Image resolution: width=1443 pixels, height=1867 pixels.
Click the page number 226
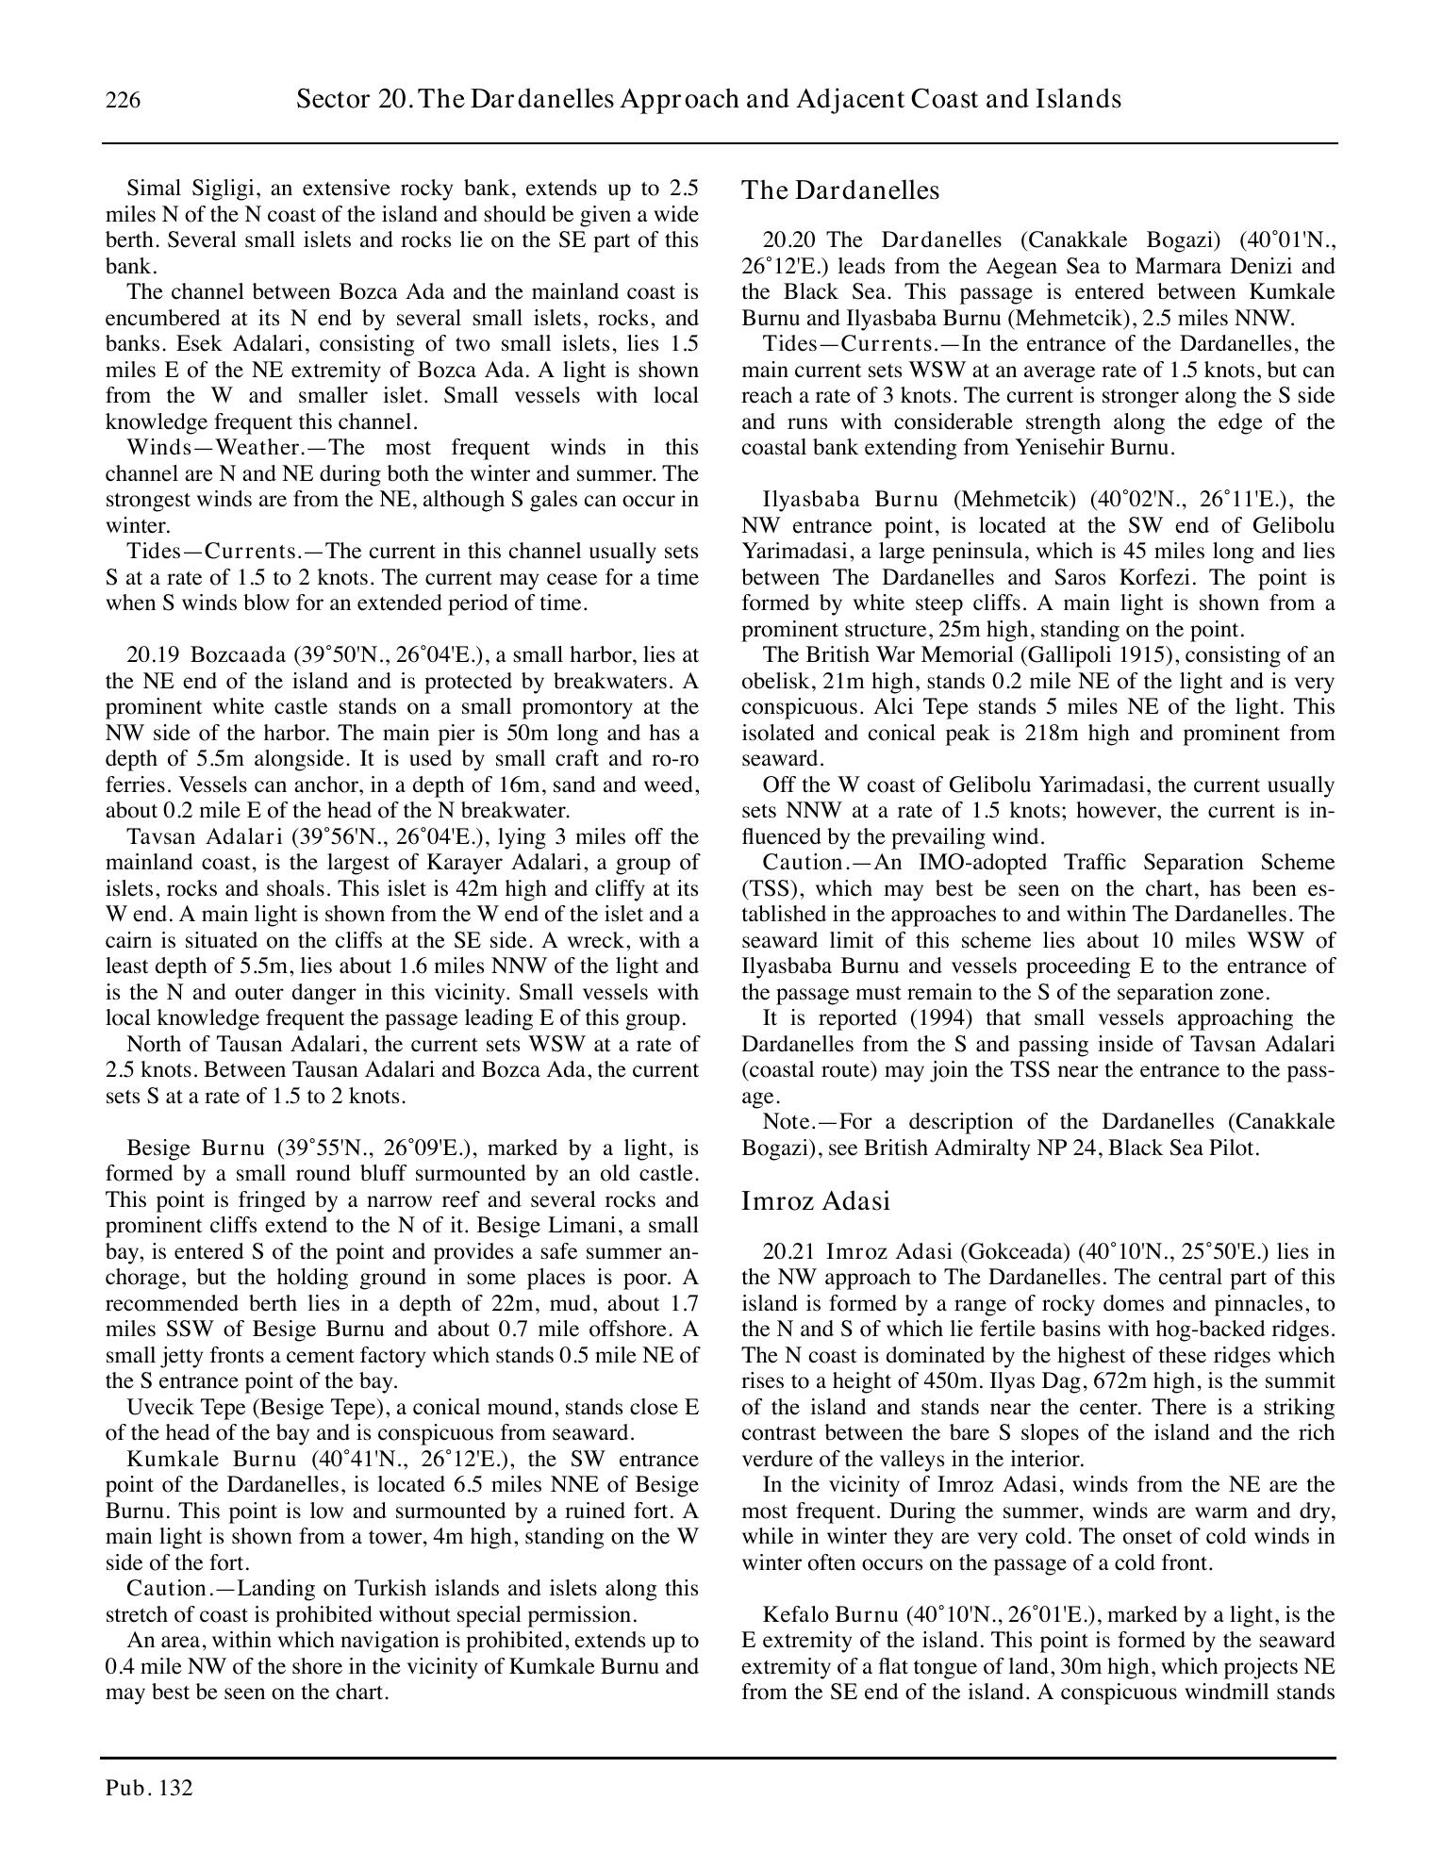pyautogui.click(x=124, y=100)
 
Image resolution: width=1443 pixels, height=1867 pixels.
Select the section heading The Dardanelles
pyautogui.click(x=840, y=190)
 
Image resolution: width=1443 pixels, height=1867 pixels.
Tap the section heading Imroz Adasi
pyautogui.click(x=816, y=1201)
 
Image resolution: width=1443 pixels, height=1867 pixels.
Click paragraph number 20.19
pyautogui.click(x=153, y=654)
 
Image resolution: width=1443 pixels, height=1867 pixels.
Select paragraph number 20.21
pyautogui.click(x=788, y=1251)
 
